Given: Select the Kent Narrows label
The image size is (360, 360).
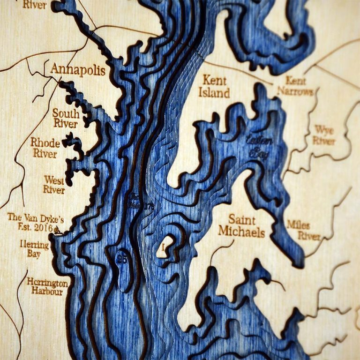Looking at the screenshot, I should [x=295, y=86].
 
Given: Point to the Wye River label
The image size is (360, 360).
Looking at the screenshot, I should [x=324, y=135].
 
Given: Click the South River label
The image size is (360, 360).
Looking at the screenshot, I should [x=65, y=118].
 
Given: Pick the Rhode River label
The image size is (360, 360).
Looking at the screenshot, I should [x=45, y=148].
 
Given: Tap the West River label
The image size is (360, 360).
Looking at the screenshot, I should [x=54, y=185].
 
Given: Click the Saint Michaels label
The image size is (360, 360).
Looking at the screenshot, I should [x=241, y=226].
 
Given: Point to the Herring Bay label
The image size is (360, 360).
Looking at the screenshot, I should [x=34, y=249].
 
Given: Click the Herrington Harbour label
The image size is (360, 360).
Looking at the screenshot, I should [x=47, y=286].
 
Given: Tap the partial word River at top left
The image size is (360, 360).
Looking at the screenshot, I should [x=34, y=5].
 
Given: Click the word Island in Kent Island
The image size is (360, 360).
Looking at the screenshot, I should [x=214, y=92].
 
